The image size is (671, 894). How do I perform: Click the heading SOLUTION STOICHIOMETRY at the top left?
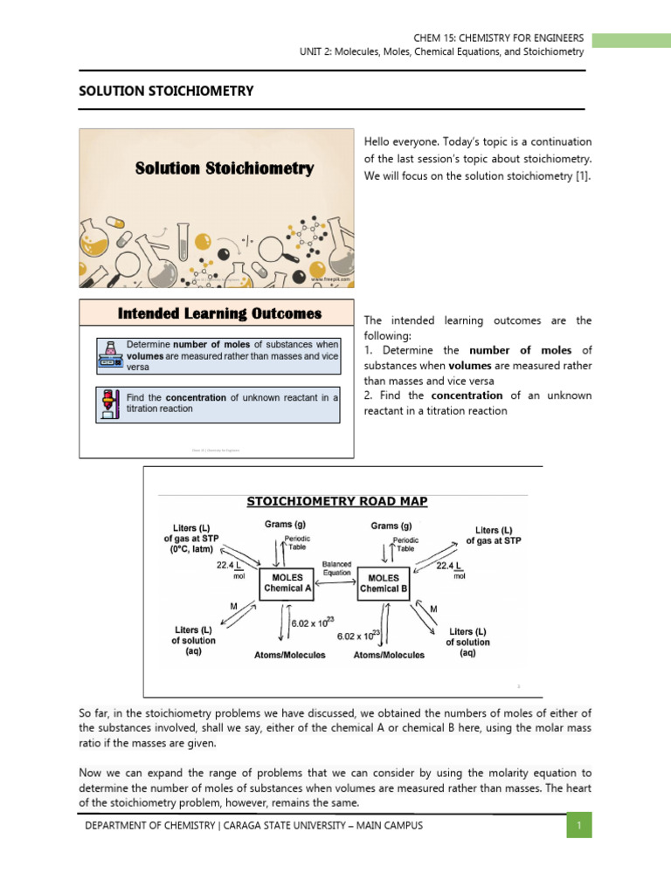tap(166, 91)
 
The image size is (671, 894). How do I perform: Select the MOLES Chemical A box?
tap(287, 583)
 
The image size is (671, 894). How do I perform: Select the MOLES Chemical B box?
tap(383, 583)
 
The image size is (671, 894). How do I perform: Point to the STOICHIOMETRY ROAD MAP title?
tap(337, 501)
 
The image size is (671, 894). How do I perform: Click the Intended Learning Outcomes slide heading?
tap(219, 313)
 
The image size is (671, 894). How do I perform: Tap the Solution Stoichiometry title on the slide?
tap(224, 168)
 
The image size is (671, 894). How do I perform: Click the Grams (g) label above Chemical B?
tap(391, 526)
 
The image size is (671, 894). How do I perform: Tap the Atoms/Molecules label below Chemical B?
tap(389, 655)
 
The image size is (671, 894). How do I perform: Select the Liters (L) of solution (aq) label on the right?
tap(467, 642)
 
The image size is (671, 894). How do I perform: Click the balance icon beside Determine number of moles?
tap(111, 354)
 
